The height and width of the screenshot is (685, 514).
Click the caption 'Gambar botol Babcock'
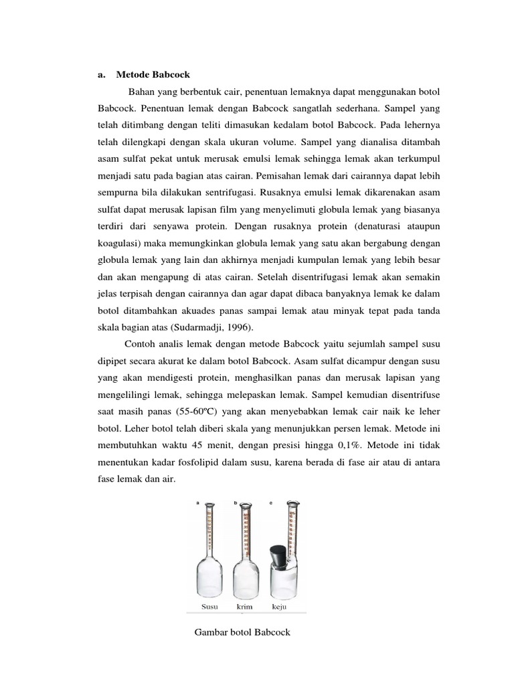pos(242,632)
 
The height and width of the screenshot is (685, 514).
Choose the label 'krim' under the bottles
pos(244,607)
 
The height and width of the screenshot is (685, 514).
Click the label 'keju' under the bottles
pos(280,607)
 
